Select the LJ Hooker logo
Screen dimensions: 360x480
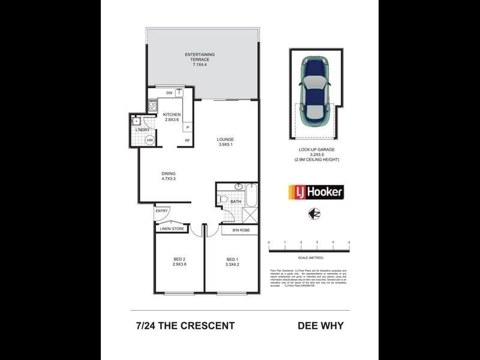tap(316, 192)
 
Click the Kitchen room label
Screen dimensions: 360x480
tap(172, 117)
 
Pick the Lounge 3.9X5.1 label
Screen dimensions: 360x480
tap(226, 142)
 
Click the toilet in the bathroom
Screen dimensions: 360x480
tap(223, 198)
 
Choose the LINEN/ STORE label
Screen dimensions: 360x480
tap(171, 229)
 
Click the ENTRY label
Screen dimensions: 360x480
tap(162, 211)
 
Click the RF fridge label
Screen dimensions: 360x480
tap(187, 141)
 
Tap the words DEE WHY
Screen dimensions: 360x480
tap(321, 326)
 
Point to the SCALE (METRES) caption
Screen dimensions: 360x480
tap(309, 257)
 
